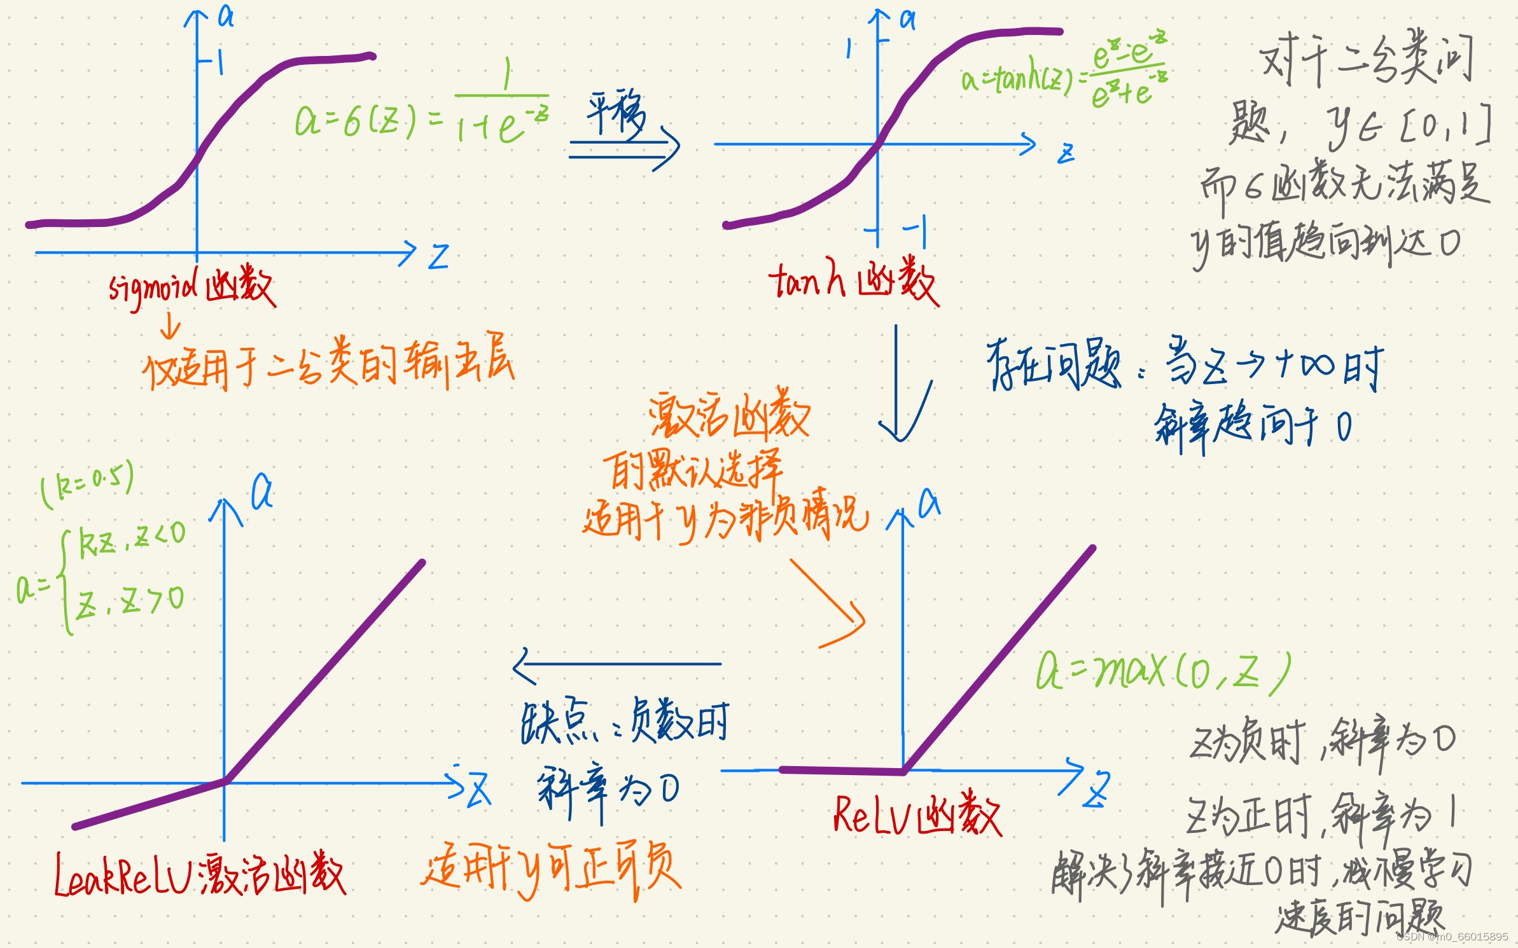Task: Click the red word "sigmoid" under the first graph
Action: (x=153, y=289)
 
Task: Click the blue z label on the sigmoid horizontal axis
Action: (x=438, y=257)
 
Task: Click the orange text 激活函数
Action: (x=729, y=416)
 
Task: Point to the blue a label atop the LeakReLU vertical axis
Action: (x=261, y=492)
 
